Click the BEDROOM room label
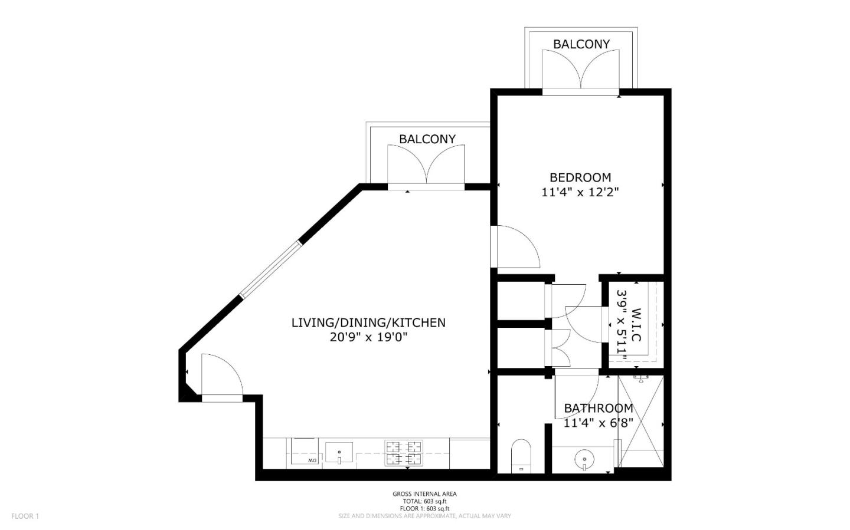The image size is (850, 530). tap(580, 177)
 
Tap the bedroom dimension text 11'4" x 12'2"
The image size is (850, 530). tap(580, 192)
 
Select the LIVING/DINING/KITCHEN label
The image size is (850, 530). tap(368, 322)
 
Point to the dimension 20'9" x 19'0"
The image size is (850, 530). tap(368, 338)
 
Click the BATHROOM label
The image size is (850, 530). tap(598, 408)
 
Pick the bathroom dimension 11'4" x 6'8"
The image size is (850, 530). tap(598, 423)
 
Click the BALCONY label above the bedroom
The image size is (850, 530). tap(581, 44)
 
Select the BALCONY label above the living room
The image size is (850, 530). tap(427, 139)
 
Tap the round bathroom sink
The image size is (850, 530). tap(584, 457)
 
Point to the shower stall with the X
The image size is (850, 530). tap(640, 421)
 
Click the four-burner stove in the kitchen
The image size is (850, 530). tap(404, 452)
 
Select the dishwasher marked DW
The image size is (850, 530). tap(305, 453)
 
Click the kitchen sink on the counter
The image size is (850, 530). tap(339, 453)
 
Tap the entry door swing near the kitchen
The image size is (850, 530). tap(220, 376)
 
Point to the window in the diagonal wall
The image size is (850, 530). tap(271, 268)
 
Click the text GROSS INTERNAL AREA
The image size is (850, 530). tap(424, 494)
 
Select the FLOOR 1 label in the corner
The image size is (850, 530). tap(25, 516)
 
